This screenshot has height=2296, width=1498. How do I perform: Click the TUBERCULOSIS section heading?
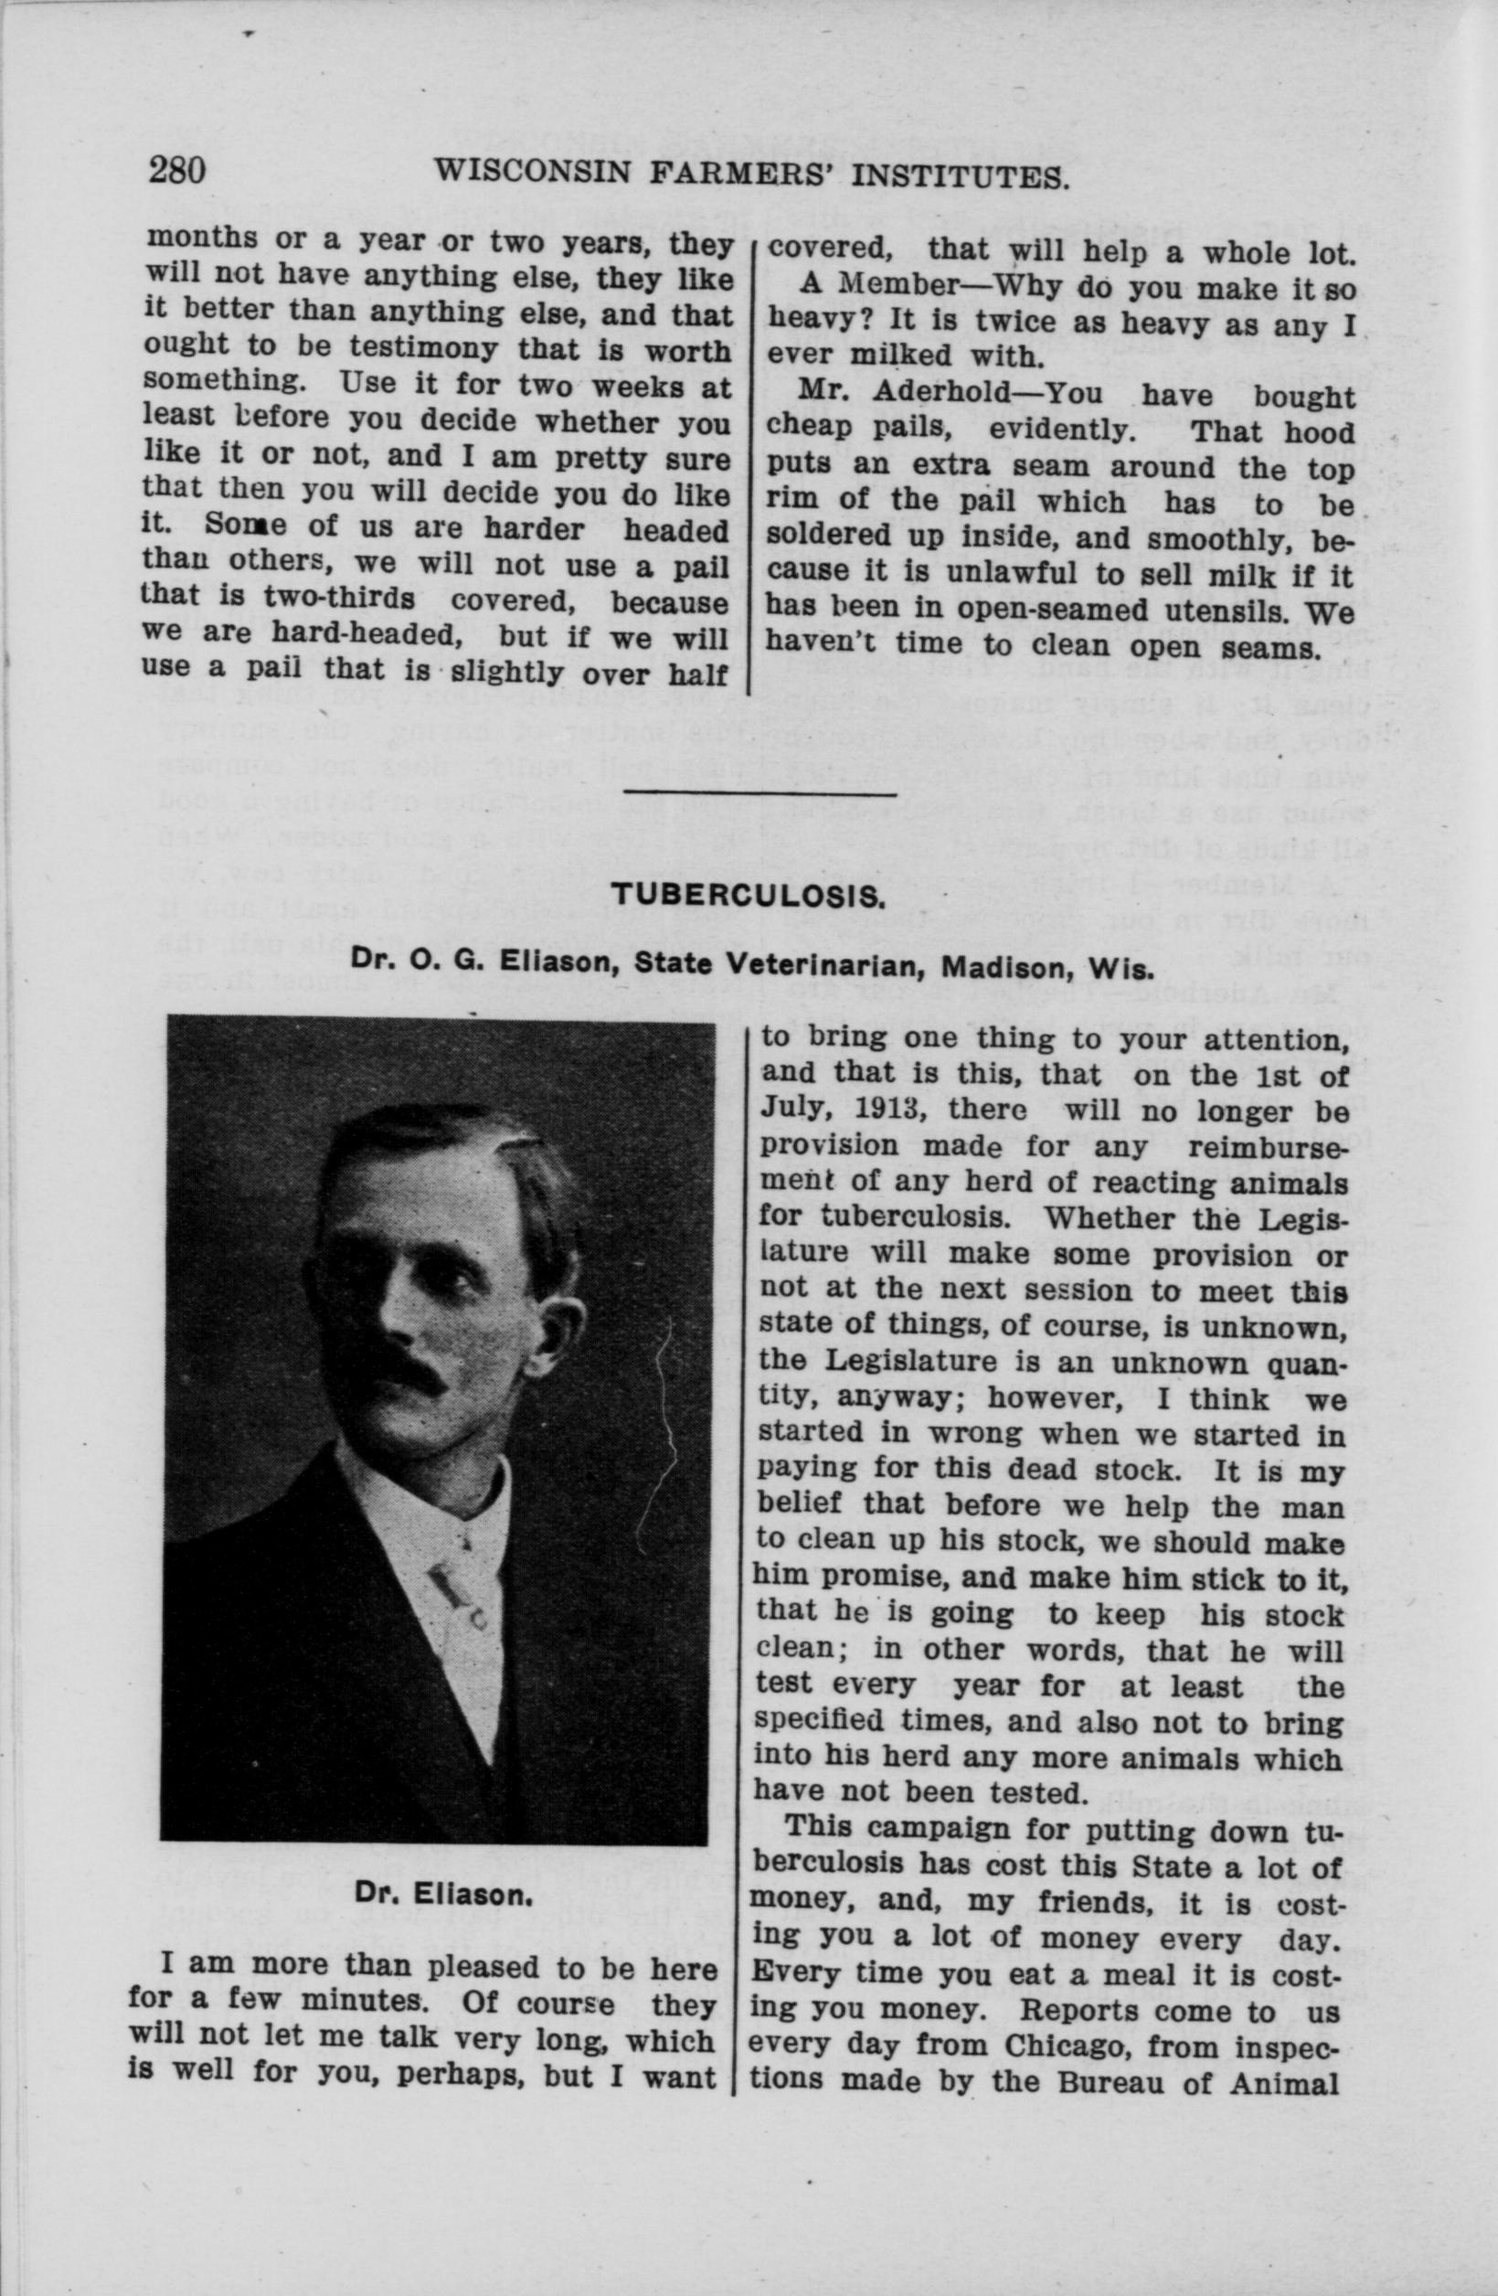click(749, 895)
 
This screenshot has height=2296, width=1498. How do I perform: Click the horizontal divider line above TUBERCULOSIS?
click(760, 793)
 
